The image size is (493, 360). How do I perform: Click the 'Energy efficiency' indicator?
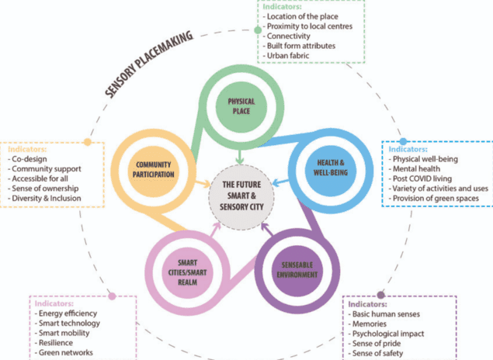click(x=68, y=313)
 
